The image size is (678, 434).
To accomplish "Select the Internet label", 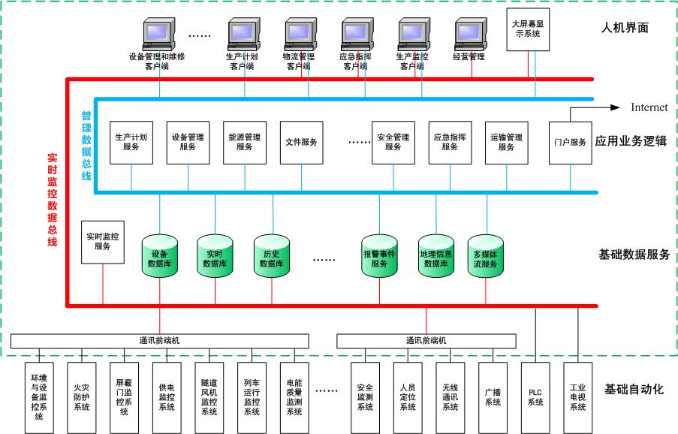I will [x=649, y=107].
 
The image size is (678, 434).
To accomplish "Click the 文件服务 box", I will [x=301, y=143].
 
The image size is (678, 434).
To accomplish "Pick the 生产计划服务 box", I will [x=131, y=143].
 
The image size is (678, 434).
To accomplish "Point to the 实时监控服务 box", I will [x=103, y=242].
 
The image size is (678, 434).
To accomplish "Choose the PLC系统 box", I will [x=535, y=397].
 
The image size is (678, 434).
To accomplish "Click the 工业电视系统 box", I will [x=577, y=397].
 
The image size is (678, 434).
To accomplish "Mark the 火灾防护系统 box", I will [x=81, y=397].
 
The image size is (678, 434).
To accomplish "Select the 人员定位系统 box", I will [x=408, y=397].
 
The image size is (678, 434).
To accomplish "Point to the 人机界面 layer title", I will [x=625, y=29].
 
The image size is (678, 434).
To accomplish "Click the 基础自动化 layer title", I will [x=635, y=389].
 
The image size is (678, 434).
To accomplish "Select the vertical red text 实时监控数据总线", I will [x=53, y=199].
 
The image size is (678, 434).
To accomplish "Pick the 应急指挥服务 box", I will [x=450, y=143].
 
